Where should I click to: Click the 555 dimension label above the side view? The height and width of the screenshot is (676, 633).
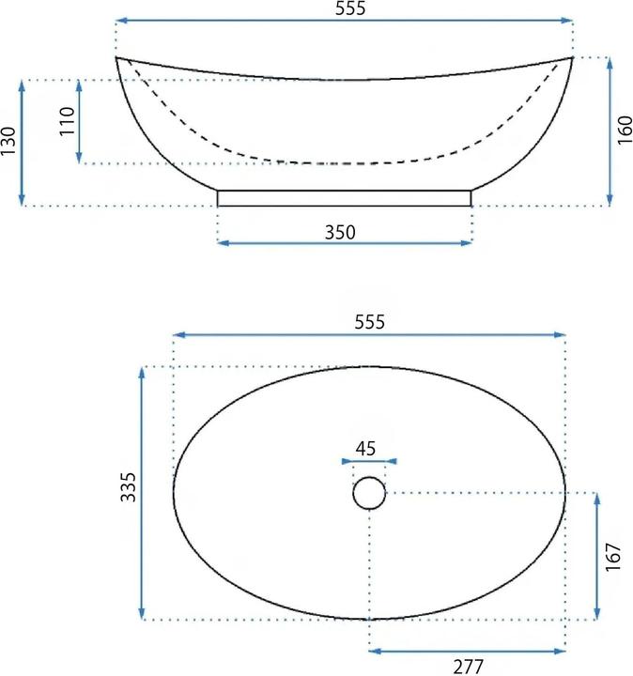coord(344,8)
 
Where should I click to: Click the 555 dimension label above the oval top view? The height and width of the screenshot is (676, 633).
coord(369,322)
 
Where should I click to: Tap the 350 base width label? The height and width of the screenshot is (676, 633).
coord(340,232)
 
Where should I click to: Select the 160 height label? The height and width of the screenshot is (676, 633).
coord(625,131)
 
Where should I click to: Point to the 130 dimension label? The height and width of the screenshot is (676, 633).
coord(9,142)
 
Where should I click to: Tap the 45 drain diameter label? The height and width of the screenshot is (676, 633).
coord(367,448)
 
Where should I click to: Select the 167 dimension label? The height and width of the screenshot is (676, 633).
coord(613,556)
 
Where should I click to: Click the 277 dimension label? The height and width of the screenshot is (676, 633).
coord(467,667)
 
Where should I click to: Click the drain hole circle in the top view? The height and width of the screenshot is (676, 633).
coord(369,493)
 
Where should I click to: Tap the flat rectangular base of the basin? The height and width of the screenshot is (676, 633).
coord(345,197)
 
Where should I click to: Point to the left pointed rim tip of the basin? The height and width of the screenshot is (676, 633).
coord(117,59)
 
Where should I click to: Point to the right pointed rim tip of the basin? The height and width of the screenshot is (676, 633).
coord(571,59)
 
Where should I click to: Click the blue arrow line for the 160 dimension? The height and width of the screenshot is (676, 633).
coord(610,131)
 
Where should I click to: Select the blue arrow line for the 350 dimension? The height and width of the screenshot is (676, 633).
coord(345,243)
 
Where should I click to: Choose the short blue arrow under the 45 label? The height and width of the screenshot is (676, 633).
coord(369,461)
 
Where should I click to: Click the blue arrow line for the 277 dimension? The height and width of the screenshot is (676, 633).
coord(467,650)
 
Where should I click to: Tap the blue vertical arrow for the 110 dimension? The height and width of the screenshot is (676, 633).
coord(81,122)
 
